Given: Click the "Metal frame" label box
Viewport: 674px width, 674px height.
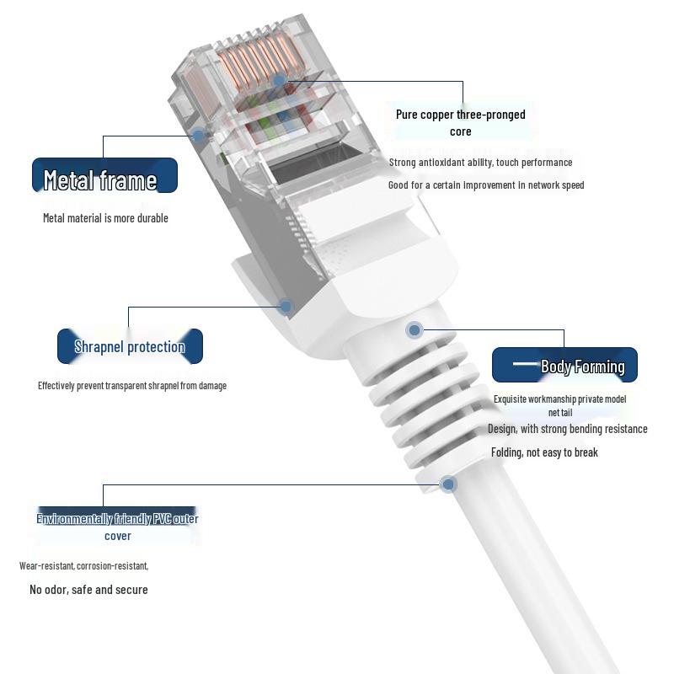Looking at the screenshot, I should coord(104,175).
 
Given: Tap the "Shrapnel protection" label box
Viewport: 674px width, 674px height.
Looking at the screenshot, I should coord(130,346).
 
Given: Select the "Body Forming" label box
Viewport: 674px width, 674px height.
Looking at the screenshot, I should coord(564,365).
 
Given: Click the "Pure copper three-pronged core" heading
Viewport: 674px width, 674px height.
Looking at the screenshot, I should coord(460,122).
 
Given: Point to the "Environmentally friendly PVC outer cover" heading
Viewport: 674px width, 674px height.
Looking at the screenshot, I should coord(117,527).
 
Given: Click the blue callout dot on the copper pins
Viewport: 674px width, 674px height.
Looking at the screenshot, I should coord(280,81).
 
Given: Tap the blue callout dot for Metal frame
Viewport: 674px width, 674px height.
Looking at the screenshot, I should coord(198,135).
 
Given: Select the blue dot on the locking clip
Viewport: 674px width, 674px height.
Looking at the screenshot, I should coord(286,307).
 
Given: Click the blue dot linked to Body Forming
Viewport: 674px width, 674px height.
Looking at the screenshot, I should coord(414,330).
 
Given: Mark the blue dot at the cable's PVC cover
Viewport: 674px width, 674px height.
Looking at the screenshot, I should coord(448,484).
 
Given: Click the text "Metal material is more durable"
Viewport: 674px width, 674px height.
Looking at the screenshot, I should coord(105,218).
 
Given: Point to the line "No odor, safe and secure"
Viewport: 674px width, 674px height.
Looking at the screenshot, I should coord(88,590).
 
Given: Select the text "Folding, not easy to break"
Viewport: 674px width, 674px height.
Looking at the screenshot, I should coord(544,452).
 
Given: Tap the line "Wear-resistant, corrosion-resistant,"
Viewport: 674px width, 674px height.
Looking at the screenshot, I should coord(83,565).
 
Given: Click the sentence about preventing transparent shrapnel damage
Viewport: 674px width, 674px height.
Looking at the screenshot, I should coord(131,386).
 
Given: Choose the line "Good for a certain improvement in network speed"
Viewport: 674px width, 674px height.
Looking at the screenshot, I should coord(485,185).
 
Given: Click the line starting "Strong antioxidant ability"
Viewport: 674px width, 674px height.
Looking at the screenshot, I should coord(480,163).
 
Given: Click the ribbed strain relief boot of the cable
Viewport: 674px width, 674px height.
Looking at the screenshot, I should coord(421,396).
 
